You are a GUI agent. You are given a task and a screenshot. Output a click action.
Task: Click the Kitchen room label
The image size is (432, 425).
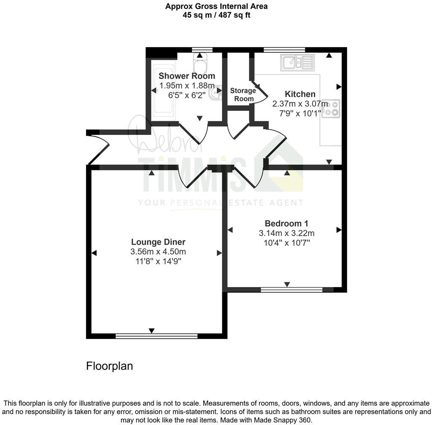point(300,94)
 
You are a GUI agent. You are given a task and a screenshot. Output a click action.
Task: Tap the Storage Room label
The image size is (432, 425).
point(243,95)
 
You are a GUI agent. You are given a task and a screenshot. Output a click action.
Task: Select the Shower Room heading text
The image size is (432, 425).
point(186,76)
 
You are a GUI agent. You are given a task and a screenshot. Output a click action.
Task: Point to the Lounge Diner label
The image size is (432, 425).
point(158,242)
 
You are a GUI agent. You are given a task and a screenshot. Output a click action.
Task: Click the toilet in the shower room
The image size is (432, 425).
point(199,64)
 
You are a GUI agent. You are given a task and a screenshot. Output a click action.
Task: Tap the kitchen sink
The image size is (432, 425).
point(297,63)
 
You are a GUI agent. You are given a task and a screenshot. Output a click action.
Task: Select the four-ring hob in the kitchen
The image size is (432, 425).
point(331,108)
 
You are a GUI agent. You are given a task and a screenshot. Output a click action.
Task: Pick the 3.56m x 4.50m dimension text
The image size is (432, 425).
point(158,252)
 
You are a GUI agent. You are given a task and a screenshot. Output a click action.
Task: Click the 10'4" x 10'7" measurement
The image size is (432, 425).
point(286,243)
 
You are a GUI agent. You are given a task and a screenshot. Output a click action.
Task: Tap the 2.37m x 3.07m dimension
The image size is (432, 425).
point(300,104)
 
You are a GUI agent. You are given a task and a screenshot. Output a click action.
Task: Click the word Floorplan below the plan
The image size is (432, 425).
point(109,366)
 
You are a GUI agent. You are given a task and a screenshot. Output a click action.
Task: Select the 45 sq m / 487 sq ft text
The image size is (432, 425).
point(216,15)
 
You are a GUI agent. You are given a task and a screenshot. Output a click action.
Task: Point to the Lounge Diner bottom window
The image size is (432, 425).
point(157,336)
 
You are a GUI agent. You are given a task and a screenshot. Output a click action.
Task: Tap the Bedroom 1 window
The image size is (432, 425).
point(292,290)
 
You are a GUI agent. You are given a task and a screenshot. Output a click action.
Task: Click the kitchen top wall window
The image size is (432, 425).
point(284,50)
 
